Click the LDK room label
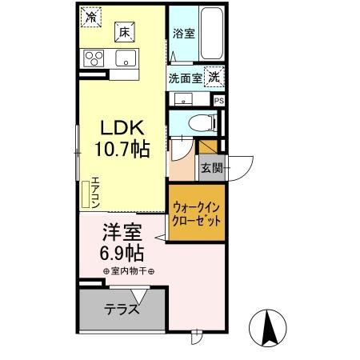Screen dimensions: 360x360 (x=123, y=129)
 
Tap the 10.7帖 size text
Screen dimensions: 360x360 (x=123, y=150)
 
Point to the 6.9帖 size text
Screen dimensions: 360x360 (x=122, y=254)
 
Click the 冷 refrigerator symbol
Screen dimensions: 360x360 (x=92, y=16)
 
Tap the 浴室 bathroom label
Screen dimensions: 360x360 (x=183, y=34)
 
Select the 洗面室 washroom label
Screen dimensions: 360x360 (x=185, y=78)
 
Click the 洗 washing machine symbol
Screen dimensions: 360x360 (x=214, y=78)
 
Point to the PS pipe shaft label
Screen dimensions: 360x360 (x=218, y=100)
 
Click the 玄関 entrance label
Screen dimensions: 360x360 (x=212, y=169)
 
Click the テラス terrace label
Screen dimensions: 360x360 (x=122, y=310)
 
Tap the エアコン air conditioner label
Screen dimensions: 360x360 (x=94, y=192)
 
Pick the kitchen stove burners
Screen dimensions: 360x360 (x=94, y=58)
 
